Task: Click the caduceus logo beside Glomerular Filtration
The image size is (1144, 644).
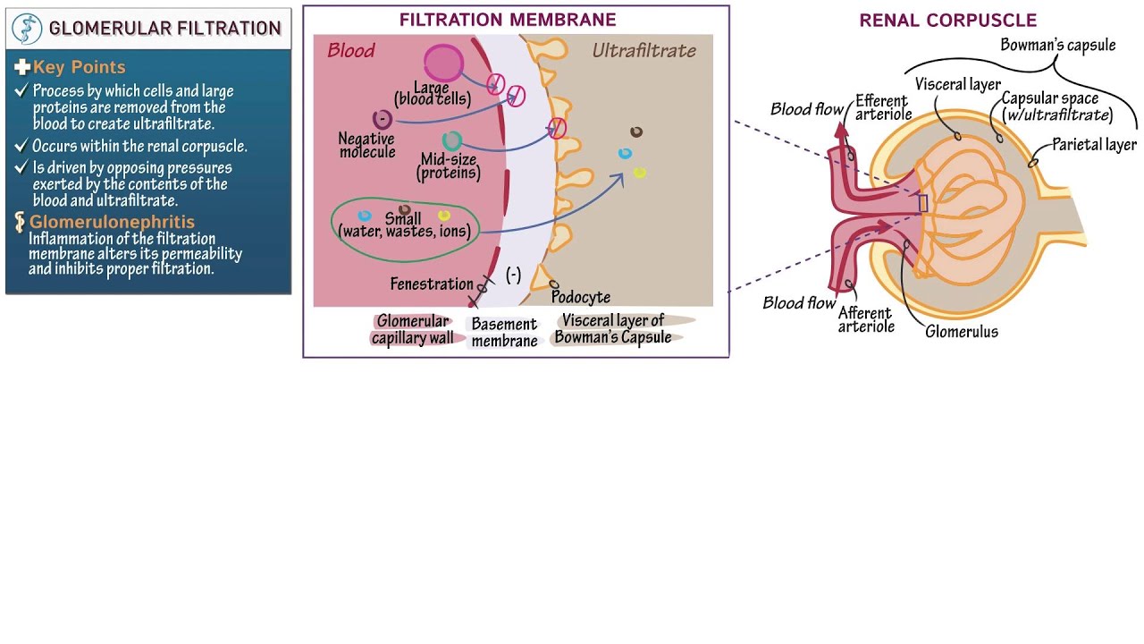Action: pyautogui.click(x=28, y=29)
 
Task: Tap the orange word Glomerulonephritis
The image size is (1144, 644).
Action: pyautogui.click(x=112, y=222)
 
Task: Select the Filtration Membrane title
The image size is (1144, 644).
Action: pyautogui.click(x=507, y=20)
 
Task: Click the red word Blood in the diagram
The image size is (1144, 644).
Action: pyautogui.click(x=350, y=51)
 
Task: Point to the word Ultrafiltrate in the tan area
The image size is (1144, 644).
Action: pyautogui.click(x=643, y=51)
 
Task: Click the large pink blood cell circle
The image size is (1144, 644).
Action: pyautogui.click(x=443, y=63)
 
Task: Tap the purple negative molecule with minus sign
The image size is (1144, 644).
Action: pyautogui.click(x=382, y=119)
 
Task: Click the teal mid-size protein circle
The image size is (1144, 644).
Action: pyautogui.click(x=452, y=140)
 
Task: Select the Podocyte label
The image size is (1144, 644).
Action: pyautogui.click(x=581, y=297)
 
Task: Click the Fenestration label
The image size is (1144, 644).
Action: pyautogui.click(x=432, y=284)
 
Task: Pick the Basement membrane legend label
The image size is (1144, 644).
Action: pyautogui.click(x=504, y=332)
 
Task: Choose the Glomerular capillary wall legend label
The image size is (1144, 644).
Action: pyautogui.click(x=412, y=329)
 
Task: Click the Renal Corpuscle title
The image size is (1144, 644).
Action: pyautogui.click(x=947, y=21)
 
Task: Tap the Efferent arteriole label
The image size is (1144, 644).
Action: pyautogui.click(x=883, y=107)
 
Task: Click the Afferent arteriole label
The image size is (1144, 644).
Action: pyautogui.click(x=865, y=319)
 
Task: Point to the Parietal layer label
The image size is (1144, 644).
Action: pyautogui.click(x=1094, y=145)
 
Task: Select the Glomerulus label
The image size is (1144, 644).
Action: pyautogui.click(x=961, y=332)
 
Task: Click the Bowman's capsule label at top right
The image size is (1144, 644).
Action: pyautogui.click(x=1057, y=45)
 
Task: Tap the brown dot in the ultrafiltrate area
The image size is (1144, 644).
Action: pyautogui.click(x=636, y=132)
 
